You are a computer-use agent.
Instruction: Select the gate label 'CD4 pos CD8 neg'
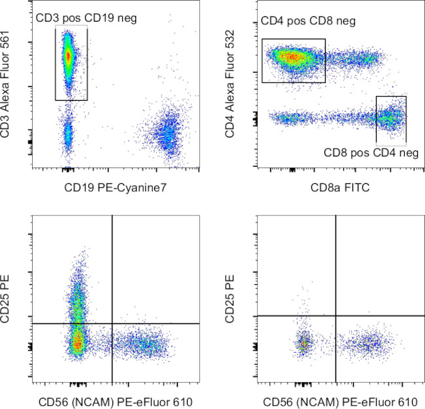click(308, 22)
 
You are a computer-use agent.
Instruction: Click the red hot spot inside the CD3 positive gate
click(68, 56)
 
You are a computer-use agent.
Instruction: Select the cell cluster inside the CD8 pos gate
click(390, 118)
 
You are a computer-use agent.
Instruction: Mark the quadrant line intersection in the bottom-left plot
click(112, 323)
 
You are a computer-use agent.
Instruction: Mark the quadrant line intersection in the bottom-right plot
click(335, 315)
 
